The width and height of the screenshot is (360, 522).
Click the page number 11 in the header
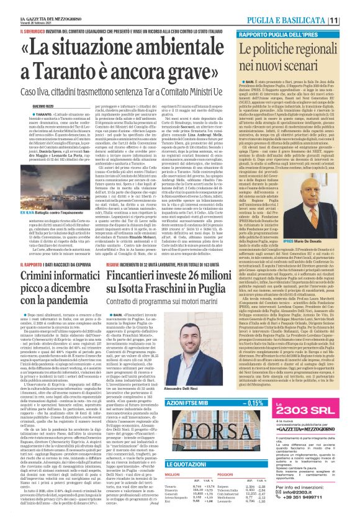[x=351, y=20]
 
